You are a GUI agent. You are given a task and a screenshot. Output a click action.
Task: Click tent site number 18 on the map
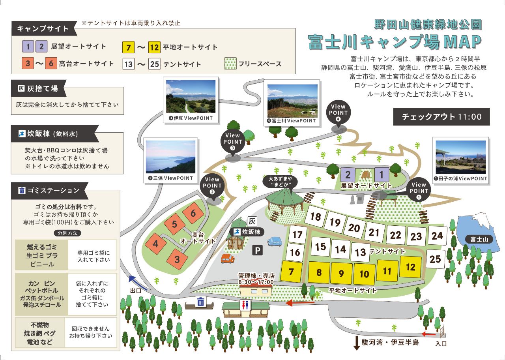(x=315, y=216)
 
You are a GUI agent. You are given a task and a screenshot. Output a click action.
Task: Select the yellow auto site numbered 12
(x=410, y=267)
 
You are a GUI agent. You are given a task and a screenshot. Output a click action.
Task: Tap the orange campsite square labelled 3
(x=177, y=259)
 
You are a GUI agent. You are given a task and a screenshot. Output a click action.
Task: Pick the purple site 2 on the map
(x=348, y=174)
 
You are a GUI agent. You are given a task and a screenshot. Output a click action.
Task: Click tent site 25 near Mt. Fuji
(x=435, y=259)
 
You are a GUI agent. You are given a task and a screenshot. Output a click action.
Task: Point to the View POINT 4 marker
(x=338, y=112)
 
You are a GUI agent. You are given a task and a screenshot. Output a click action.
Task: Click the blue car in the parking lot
(x=275, y=241)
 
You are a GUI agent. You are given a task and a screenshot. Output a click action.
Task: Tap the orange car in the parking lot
(x=228, y=259)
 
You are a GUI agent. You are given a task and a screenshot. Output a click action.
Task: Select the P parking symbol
(x=257, y=250)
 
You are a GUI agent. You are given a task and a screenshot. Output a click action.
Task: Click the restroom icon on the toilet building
(x=245, y=305)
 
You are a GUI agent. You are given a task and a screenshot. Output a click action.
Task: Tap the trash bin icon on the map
(x=201, y=302)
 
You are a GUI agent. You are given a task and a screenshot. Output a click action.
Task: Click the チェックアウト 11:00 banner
(x=441, y=116)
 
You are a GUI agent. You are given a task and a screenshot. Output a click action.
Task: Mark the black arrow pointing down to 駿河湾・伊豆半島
(x=357, y=343)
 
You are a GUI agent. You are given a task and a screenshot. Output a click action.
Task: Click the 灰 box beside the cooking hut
(x=252, y=221)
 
